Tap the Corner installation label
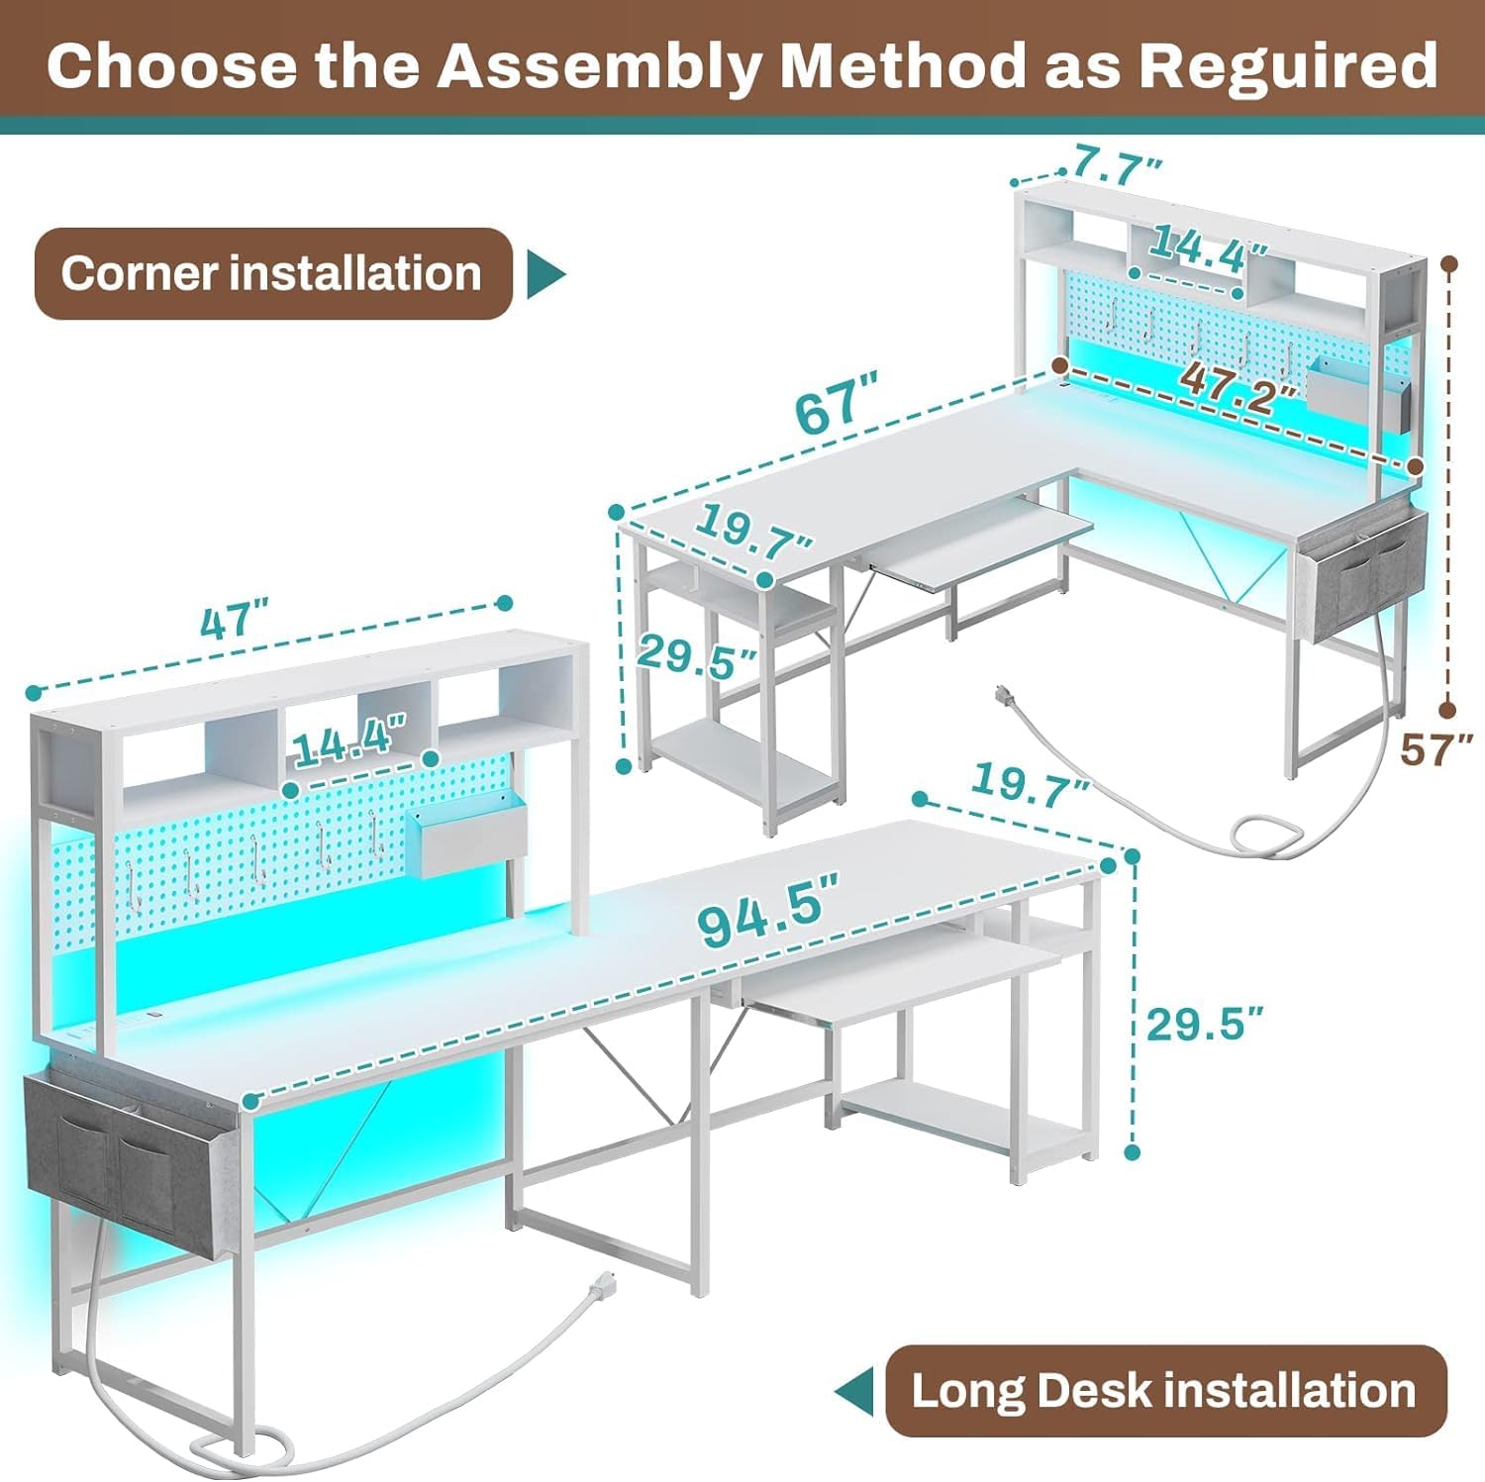pyautogui.click(x=272, y=273)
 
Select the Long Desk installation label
pyautogui.click(x=1165, y=1391)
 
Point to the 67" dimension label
pyautogui.click(x=837, y=404)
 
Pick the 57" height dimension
pyautogui.click(x=1436, y=749)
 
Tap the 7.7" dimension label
pyautogui.click(x=1118, y=164)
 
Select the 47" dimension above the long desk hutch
pyautogui.click(x=235, y=623)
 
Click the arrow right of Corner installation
pyautogui.click(x=545, y=274)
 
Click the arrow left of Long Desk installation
pyautogui.click(x=853, y=1392)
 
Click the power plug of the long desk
pyautogui.click(x=602, y=1285)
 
